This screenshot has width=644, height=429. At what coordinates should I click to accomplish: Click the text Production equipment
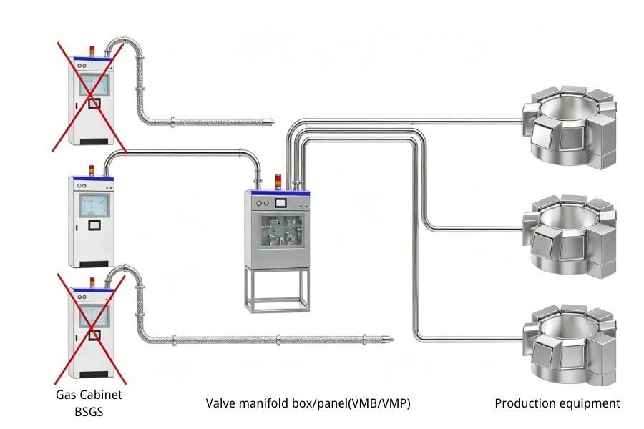click(557, 403)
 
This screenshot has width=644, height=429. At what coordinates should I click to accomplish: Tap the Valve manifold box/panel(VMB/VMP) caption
click(308, 403)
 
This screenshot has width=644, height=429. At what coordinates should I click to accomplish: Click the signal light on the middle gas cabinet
click(91, 170)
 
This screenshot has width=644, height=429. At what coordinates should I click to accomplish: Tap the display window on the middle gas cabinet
click(94, 205)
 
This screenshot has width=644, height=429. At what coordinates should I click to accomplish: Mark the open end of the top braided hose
click(272, 122)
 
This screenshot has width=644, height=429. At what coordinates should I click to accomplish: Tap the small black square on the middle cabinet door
click(93, 226)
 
